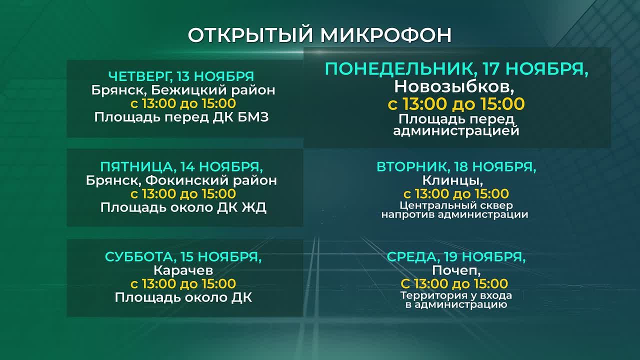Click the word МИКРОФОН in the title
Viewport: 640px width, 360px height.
[x=385, y=35]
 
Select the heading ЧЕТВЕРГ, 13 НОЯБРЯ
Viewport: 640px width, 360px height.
[x=181, y=76]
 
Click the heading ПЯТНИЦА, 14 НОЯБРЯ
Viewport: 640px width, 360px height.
[x=181, y=166]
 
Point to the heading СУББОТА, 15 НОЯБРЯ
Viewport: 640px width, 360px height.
[x=183, y=257]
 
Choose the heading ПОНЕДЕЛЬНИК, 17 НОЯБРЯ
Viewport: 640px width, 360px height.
[x=456, y=69]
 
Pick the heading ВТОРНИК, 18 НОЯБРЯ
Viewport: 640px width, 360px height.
[x=456, y=167]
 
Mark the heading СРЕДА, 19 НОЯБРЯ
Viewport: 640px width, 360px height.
[x=456, y=257]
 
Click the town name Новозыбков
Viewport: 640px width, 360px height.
[x=454, y=86]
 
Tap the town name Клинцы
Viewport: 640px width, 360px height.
[x=456, y=180]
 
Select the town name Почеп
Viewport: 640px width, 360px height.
[x=456, y=270]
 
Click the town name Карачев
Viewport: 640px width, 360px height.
[x=183, y=270]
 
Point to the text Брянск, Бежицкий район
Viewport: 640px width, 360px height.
[x=183, y=90]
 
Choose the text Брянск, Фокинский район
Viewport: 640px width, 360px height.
[x=181, y=180]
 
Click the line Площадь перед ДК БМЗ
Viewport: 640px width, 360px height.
[x=181, y=117]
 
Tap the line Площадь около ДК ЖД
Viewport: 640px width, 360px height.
[x=183, y=207]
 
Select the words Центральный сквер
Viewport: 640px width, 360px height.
[x=456, y=205]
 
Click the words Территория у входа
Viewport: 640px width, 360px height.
[x=456, y=295]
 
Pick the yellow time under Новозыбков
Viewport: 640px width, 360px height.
[x=456, y=104]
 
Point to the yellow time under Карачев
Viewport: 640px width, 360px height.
[x=183, y=284]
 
